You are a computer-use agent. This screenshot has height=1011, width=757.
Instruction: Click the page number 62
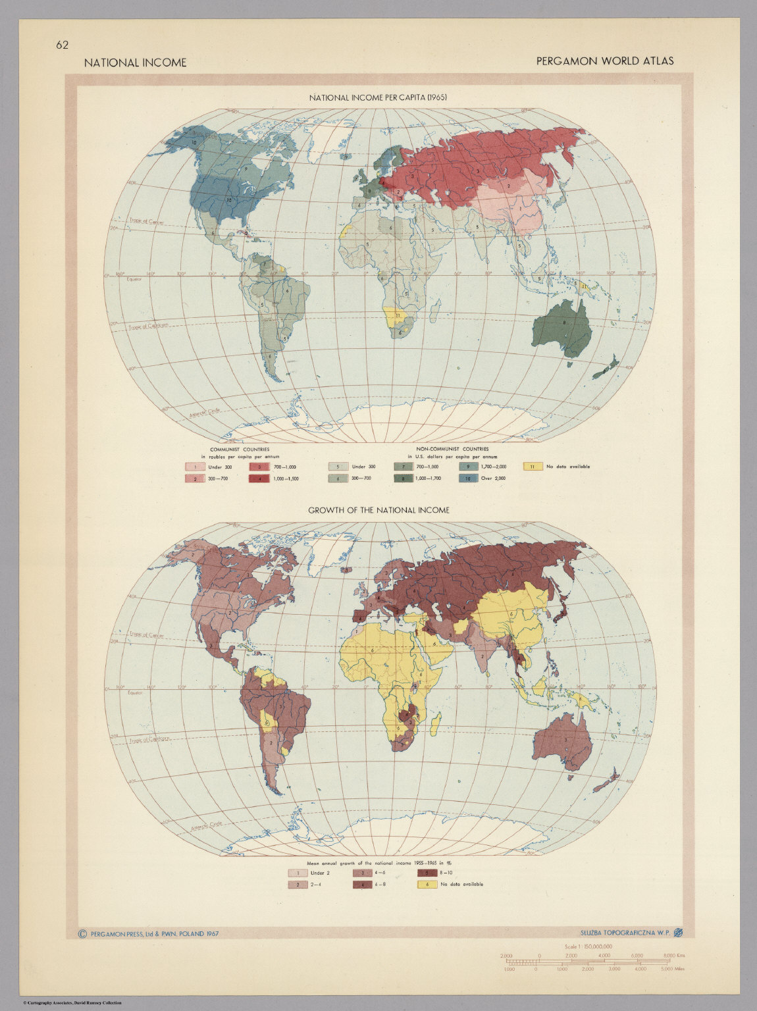63,45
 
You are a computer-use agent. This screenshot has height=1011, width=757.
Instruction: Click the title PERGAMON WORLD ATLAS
604,61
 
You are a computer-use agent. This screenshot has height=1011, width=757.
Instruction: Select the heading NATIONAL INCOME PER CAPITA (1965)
378,97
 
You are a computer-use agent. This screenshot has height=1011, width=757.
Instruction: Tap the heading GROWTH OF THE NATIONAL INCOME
378,509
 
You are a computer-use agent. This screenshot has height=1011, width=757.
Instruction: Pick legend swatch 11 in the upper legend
533,467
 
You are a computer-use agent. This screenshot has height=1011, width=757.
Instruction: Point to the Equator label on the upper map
135,280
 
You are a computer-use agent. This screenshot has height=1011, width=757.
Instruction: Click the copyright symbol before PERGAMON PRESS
82,933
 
